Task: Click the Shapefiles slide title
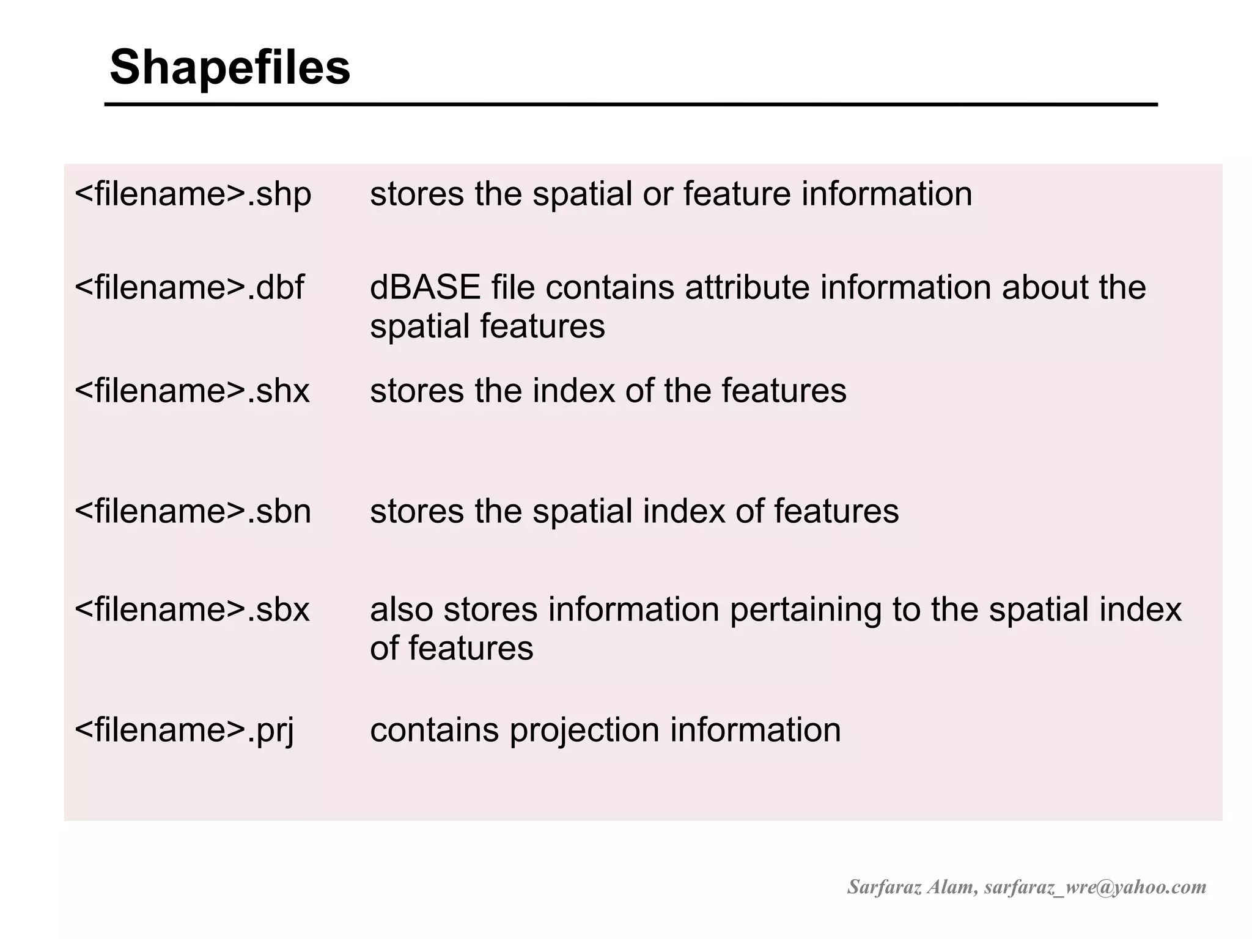(x=230, y=67)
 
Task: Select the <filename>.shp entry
(x=193, y=194)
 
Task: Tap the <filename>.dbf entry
(x=189, y=287)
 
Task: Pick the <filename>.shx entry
(x=192, y=391)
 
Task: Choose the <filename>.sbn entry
(x=193, y=511)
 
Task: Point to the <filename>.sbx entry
(x=192, y=609)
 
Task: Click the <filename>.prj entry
(x=184, y=730)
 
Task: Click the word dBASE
(x=425, y=287)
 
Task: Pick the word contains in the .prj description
(x=434, y=730)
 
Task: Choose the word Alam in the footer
(x=951, y=887)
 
